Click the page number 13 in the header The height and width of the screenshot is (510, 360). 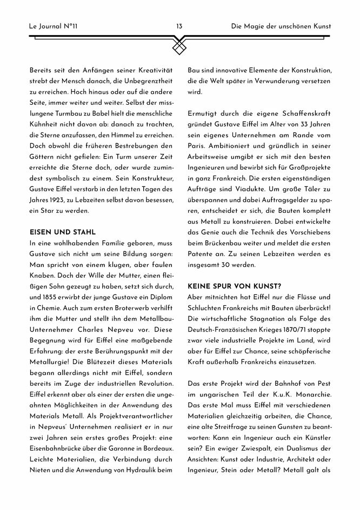pyautogui.click(x=179, y=26)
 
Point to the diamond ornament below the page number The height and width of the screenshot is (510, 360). pyautogui.click(x=179, y=48)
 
